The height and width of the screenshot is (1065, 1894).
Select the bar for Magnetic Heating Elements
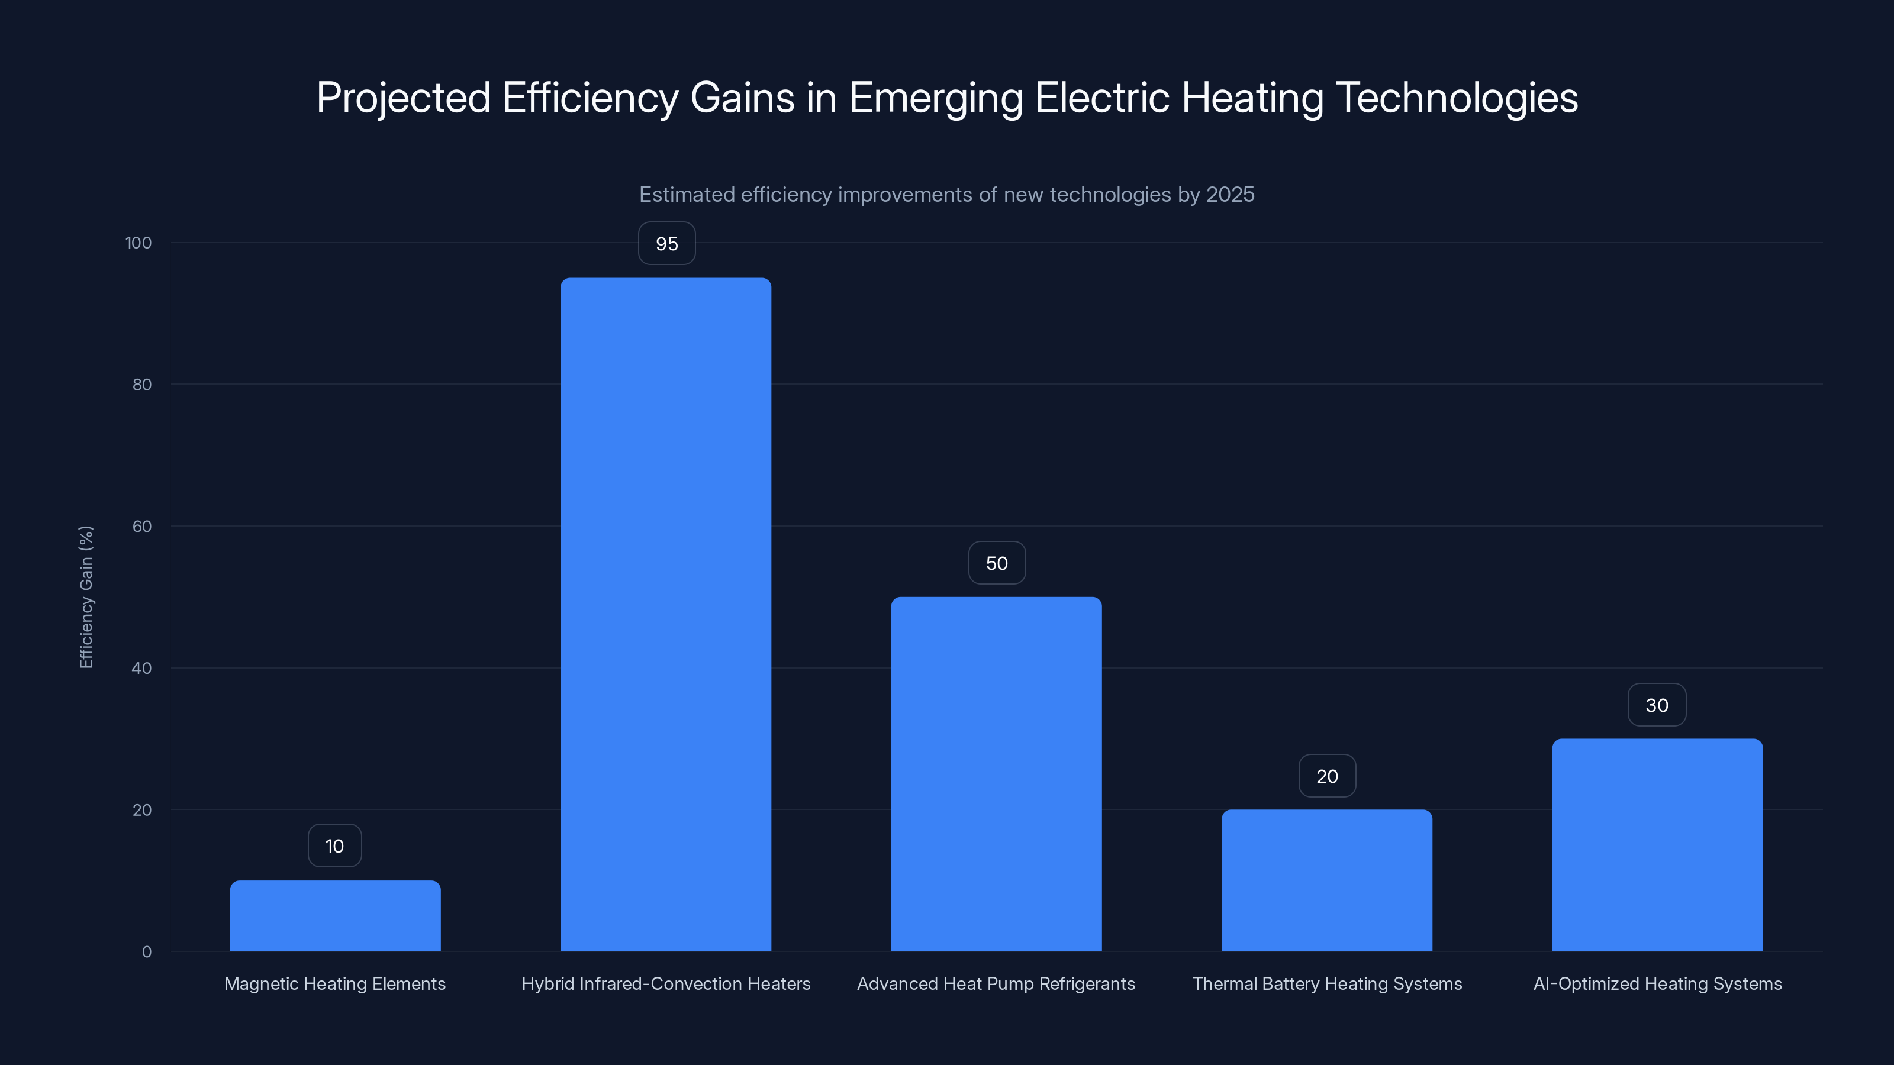(x=335, y=916)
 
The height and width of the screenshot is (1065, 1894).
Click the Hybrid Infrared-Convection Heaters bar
(x=665, y=615)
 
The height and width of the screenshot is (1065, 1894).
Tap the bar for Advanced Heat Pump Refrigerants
(x=996, y=774)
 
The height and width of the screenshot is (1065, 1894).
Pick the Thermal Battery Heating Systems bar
(x=1327, y=880)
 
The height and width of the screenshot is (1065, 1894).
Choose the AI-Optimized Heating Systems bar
(x=1657, y=845)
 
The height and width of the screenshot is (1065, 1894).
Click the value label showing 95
(x=666, y=244)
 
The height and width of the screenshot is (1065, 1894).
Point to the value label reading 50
(x=996, y=564)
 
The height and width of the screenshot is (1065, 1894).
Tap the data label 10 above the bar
(x=334, y=847)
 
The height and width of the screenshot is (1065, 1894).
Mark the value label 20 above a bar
(x=1327, y=777)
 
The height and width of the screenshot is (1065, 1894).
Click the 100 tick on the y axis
(x=138, y=243)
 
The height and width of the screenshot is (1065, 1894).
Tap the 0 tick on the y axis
(x=146, y=953)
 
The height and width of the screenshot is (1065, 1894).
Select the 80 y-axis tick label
(x=142, y=385)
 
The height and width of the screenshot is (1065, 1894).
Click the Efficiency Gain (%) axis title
(x=86, y=597)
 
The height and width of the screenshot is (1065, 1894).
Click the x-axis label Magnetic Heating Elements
(x=334, y=984)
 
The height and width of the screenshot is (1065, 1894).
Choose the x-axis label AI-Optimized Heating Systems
(x=1657, y=984)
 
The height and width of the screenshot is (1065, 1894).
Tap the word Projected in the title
(x=403, y=98)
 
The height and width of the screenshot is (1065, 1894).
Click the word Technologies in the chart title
(x=1456, y=98)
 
